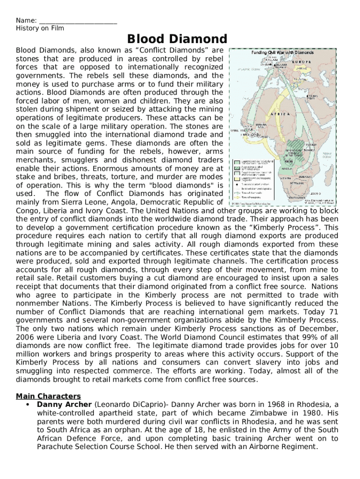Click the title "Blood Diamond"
(x=177, y=39)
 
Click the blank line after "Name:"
(x=78, y=21)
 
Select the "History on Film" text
(x=40, y=29)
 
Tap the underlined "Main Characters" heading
(x=48, y=396)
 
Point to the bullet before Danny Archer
(x=29, y=405)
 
